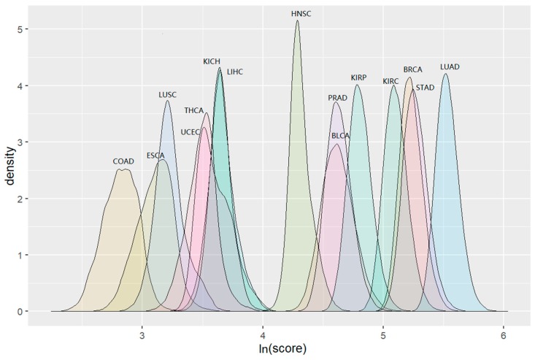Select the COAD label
123,161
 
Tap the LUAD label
450,67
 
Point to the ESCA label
155,156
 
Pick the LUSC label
168,95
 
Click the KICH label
212,61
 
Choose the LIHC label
235,72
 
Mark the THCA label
193,110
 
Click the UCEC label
190,132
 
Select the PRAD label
337,98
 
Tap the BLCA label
341,136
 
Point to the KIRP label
358,77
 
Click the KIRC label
390,81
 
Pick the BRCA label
412,70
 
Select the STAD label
425,88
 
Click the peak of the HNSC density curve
297,21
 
